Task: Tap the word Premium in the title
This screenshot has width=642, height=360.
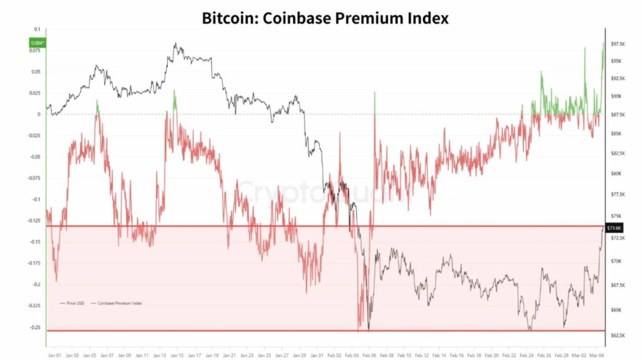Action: (367, 18)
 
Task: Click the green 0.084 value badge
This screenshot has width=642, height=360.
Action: (37, 43)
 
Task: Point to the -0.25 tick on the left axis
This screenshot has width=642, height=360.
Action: (34, 327)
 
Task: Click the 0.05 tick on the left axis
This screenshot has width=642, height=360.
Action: (36, 71)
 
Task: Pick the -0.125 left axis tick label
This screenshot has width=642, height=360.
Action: (33, 220)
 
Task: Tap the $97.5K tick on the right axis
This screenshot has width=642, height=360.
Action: (618, 44)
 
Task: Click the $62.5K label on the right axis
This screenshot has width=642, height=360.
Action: (618, 336)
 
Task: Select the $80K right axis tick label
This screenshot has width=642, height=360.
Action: (616, 174)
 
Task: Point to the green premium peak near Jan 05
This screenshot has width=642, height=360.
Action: (97, 105)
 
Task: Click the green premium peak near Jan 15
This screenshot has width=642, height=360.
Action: (175, 99)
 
